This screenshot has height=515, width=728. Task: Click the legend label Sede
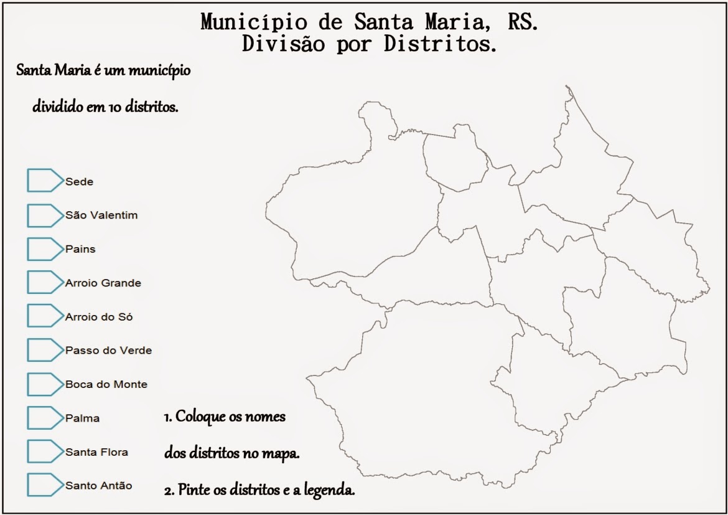[x=79, y=182]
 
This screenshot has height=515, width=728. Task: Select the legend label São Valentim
[x=101, y=215]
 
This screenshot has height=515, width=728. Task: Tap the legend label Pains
[x=80, y=249]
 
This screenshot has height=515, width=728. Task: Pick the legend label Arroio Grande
[x=103, y=283]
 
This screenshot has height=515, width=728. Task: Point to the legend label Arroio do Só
[x=99, y=317]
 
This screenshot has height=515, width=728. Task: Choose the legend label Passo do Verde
[x=108, y=351]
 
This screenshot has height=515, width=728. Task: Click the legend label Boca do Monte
[x=106, y=384]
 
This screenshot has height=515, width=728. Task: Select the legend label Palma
[x=82, y=418]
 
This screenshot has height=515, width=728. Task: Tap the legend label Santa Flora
[x=96, y=452]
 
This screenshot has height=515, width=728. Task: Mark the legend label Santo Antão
[x=98, y=486]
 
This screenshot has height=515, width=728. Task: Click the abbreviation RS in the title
[x=523, y=22]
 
